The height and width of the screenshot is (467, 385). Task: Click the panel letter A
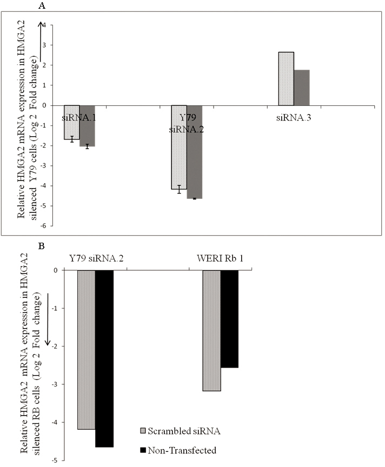(x=42, y=6)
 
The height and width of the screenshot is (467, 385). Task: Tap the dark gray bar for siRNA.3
(x=302, y=88)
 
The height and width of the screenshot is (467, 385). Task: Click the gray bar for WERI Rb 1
(x=211, y=330)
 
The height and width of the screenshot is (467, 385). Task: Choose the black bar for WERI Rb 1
(x=229, y=319)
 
